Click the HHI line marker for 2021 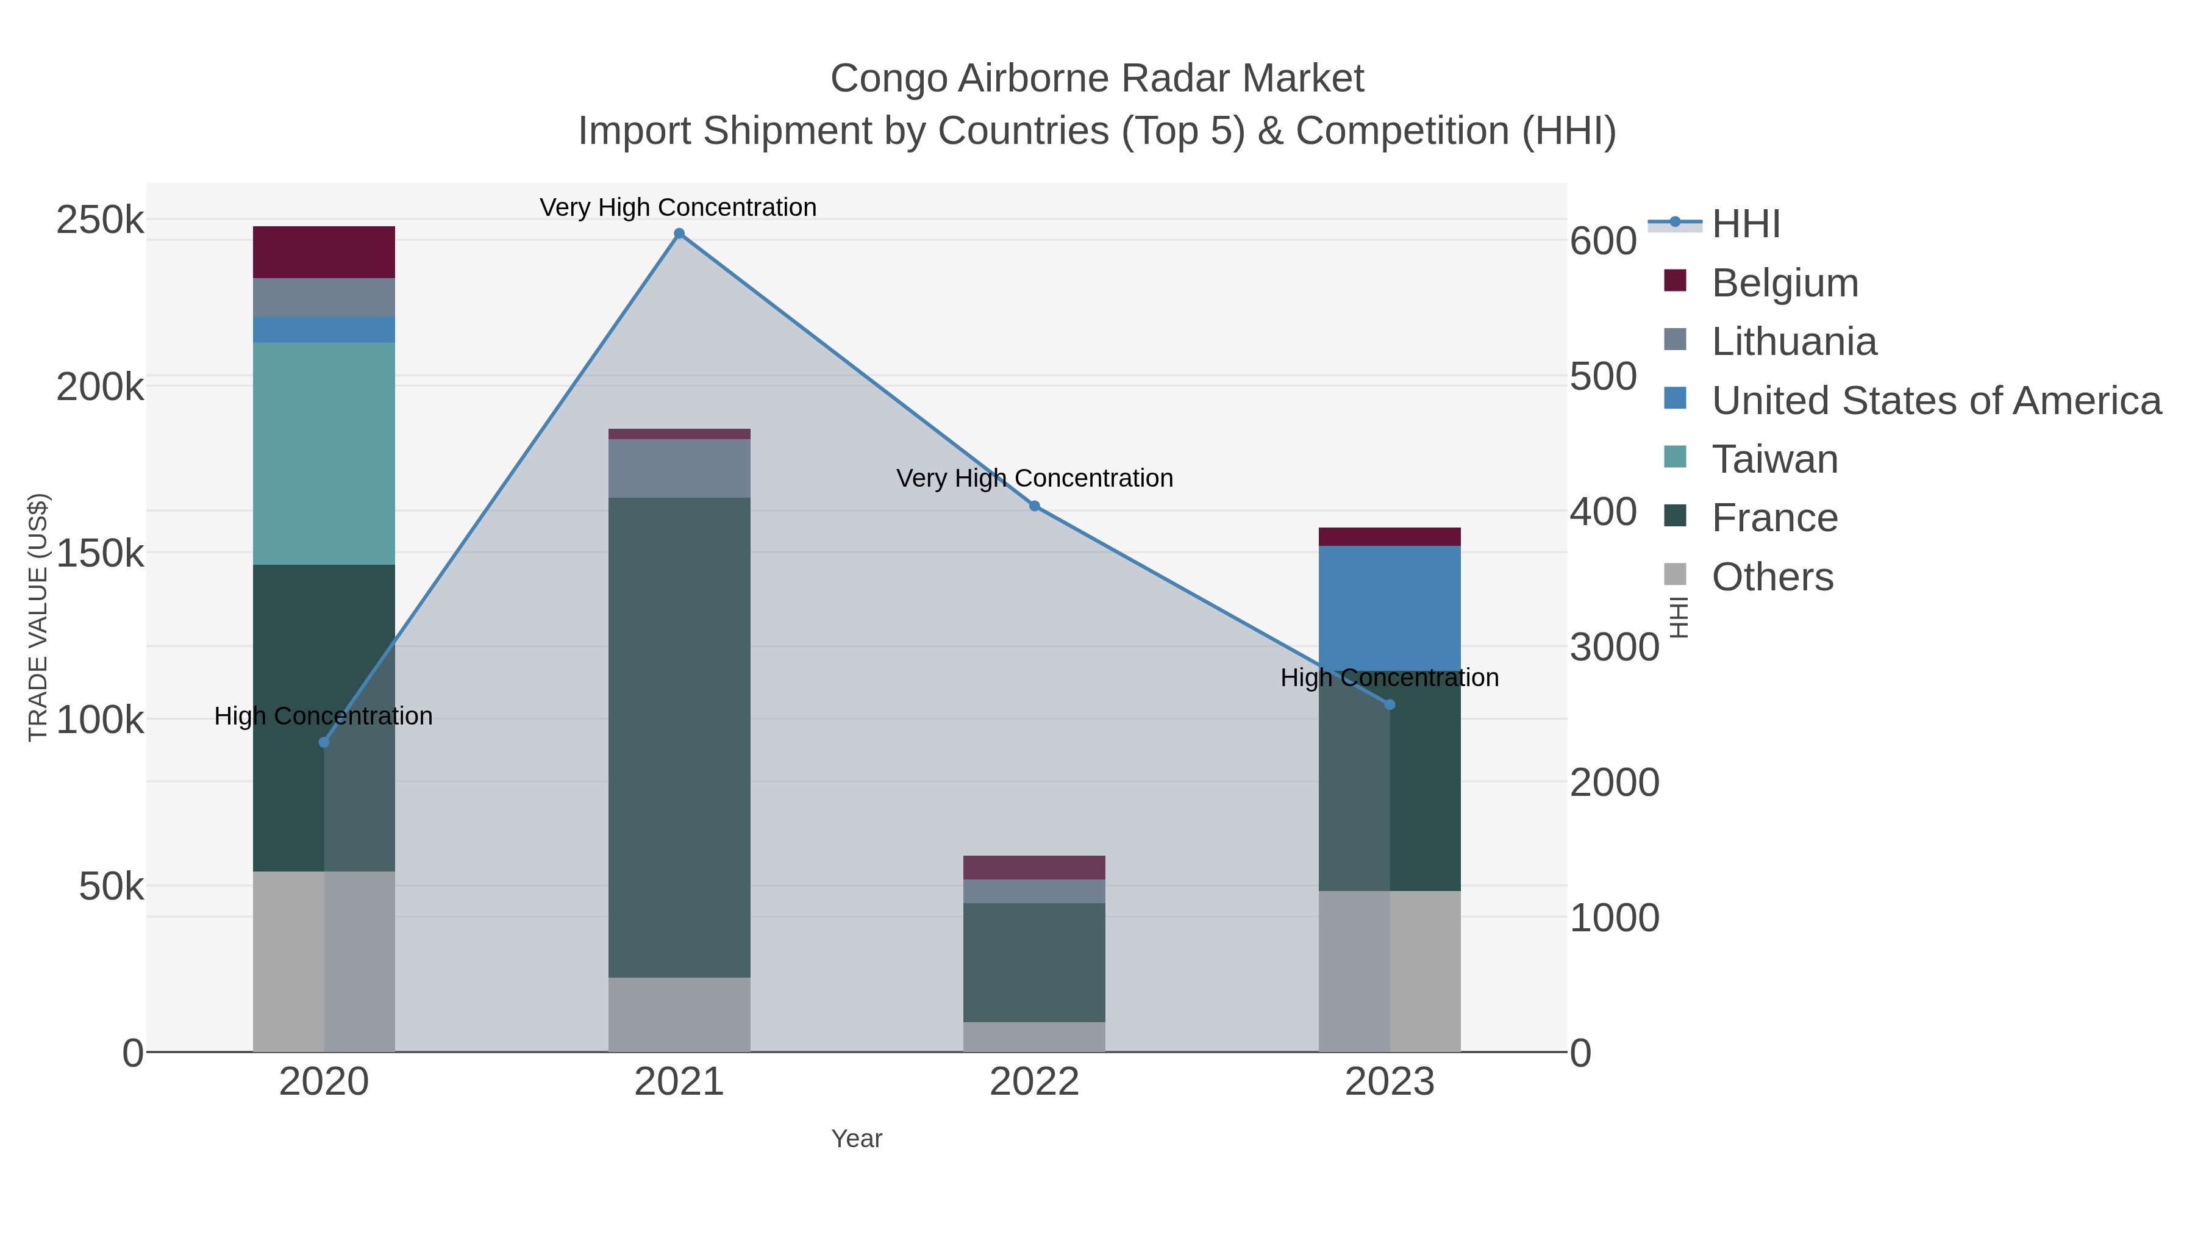pos(679,234)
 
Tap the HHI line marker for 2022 pos(1035,506)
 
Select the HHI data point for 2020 pos(324,742)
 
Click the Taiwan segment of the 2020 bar pos(324,453)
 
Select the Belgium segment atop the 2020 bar pos(324,252)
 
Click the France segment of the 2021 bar pos(679,737)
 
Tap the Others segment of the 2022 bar pos(1035,1036)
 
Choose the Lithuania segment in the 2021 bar pos(679,468)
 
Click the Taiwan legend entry pos(1775,459)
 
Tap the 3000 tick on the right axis pos(1614,647)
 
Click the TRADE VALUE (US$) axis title pos(38,617)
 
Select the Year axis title pos(857,1139)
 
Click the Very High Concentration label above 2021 pos(678,207)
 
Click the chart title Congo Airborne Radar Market pos(1097,79)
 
